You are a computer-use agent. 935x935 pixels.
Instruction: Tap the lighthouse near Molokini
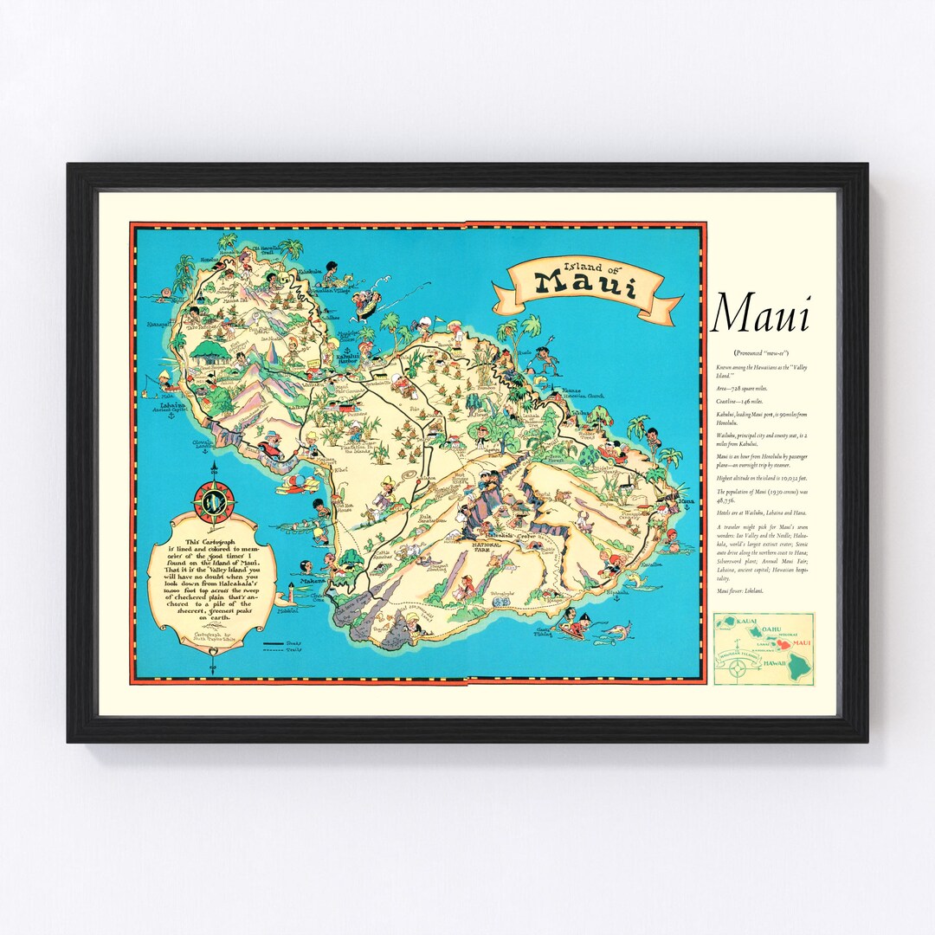(292, 595)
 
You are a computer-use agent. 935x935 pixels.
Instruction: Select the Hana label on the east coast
(687, 500)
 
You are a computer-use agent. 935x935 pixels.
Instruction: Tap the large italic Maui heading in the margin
(760, 315)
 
